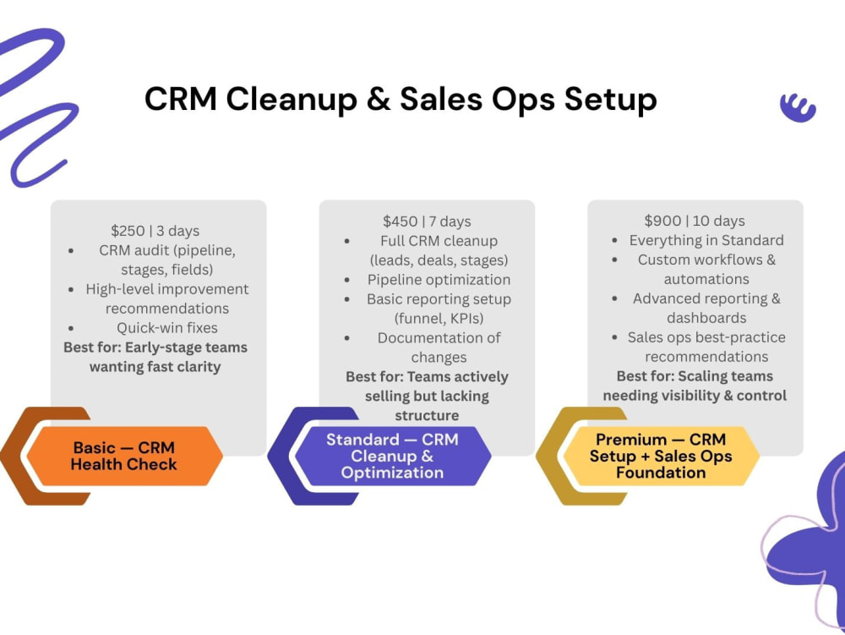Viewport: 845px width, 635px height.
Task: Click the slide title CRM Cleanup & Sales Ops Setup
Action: (x=401, y=99)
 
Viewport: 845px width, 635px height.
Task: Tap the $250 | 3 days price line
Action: (x=155, y=231)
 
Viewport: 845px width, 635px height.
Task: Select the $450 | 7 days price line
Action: (x=427, y=221)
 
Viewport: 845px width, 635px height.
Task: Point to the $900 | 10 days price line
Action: (x=695, y=221)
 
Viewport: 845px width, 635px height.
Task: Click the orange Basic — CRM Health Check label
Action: (x=124, y=456)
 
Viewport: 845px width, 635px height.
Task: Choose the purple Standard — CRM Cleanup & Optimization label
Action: (x=392, y=456)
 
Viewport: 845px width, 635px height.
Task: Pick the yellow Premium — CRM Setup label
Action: (x=661, y=456)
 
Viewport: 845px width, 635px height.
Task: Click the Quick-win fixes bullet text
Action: (x=167, y=328)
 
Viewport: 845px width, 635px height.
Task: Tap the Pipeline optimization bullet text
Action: (x=439, y=279)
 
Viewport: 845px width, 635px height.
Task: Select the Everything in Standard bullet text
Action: (x=706, y=240)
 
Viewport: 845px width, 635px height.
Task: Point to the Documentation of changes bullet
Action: (x=439, y=348)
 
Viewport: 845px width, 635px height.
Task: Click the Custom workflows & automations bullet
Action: (x=706, y=269)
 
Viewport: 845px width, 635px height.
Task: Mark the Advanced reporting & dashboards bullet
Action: (x=706, y=308)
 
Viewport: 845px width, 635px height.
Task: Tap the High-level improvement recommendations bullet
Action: (x=167, y=298)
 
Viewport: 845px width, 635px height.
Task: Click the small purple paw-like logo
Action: (x=799, y=107)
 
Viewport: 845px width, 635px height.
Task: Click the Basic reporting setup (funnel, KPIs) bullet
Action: (x=439, y=309)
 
